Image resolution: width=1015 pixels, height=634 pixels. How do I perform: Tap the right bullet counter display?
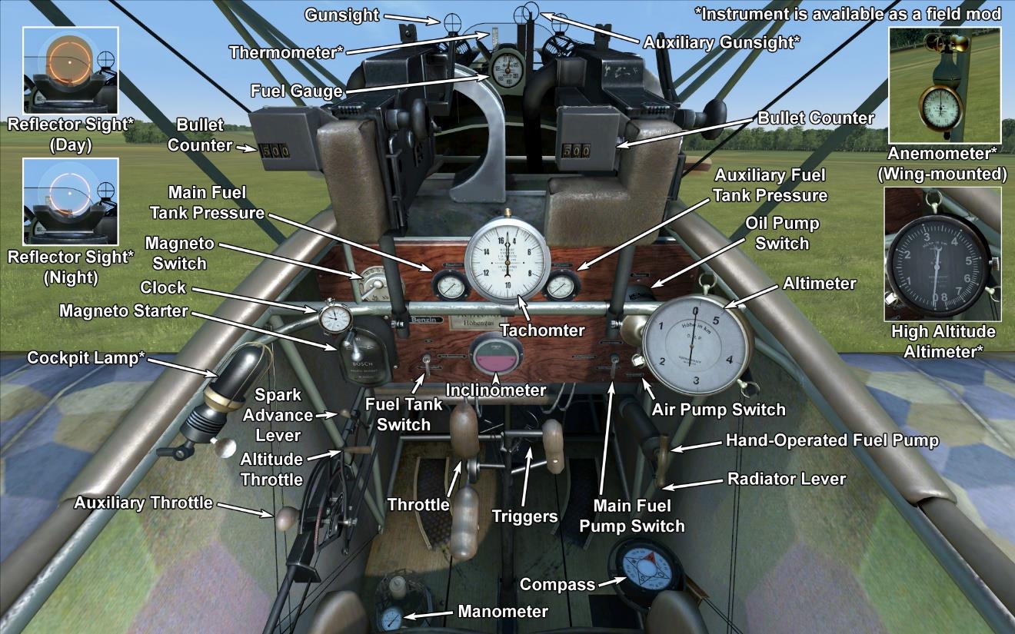[x=576, y=150]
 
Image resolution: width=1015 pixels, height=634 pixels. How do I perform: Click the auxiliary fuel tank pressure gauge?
[x=560, y=287]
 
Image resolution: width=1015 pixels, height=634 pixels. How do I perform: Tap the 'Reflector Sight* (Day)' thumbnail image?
[x=70, y=69]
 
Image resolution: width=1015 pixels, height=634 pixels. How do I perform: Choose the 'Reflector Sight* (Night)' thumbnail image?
[x=70, y=201]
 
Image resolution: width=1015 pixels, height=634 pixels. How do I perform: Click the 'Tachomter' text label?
[x=542, y=330]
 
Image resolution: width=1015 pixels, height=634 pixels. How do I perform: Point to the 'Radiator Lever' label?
[x=786, y=479]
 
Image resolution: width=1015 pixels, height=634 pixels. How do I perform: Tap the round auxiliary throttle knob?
[x=286, y=519]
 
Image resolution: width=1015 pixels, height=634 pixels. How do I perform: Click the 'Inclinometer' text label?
[x=496, y=390]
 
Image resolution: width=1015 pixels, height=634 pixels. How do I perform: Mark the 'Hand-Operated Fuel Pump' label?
[x=832, y=440]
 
